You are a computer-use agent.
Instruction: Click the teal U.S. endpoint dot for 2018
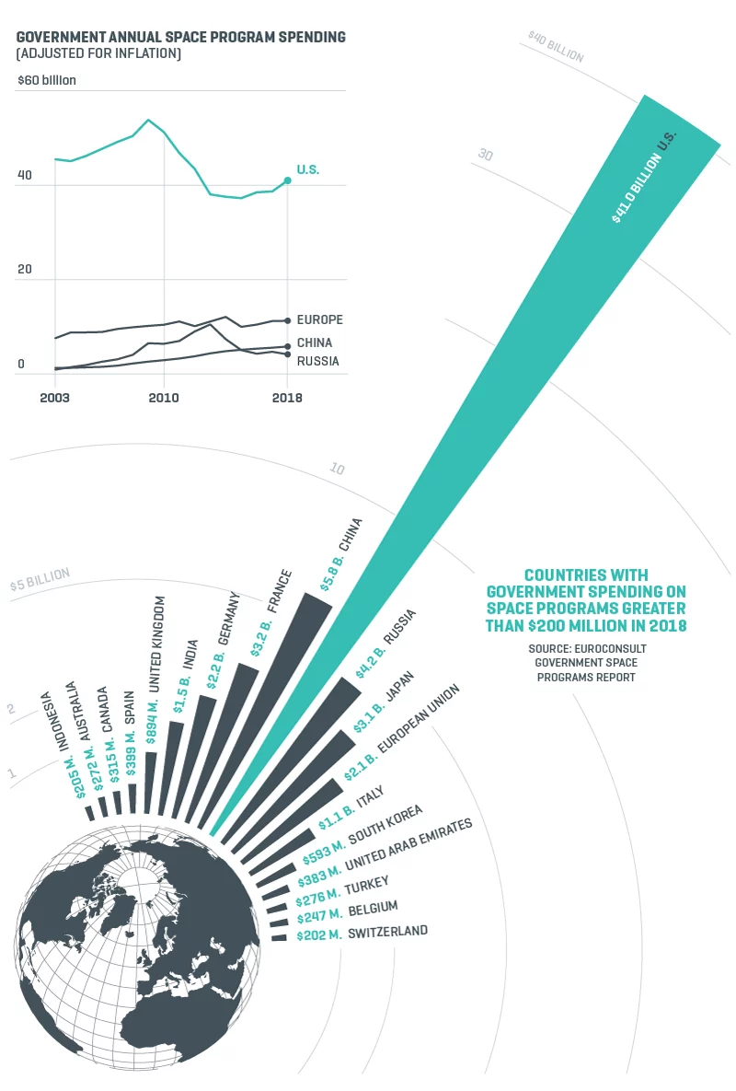288,180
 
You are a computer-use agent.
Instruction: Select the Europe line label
319,320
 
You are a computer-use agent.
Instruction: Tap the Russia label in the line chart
317,362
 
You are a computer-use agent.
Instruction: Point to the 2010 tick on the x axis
164,399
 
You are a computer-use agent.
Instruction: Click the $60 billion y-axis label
46,80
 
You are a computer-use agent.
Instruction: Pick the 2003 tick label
55,399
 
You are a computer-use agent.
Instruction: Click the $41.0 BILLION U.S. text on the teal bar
646,176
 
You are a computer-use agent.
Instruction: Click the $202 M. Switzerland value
318,935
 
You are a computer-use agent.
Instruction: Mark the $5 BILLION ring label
40,580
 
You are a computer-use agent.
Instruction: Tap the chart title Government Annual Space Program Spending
181,38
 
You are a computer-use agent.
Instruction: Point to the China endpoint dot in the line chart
288,346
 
